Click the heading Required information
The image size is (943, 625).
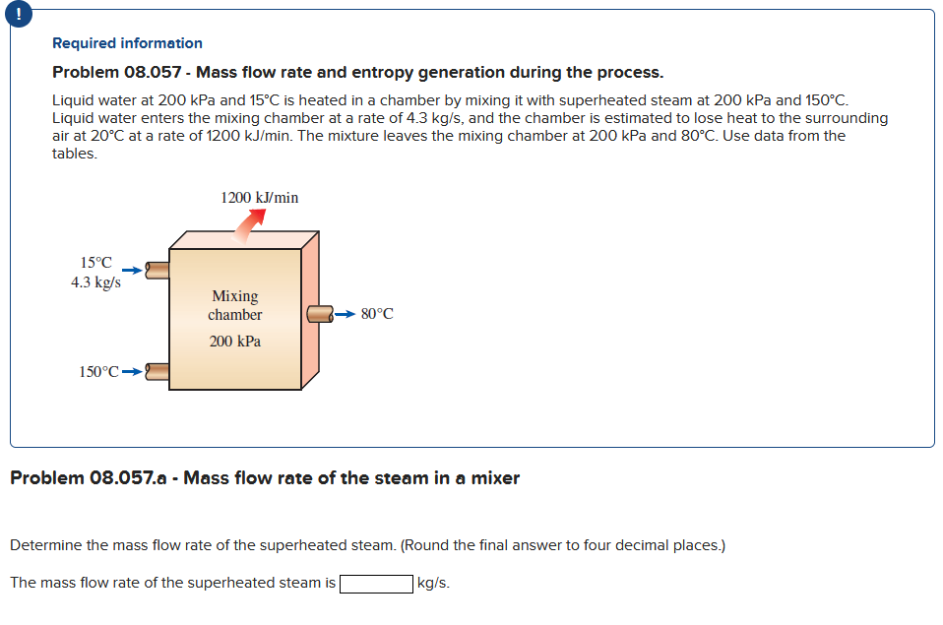pyautogui.click(x=127, y=43)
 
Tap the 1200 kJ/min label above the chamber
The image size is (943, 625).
pyautogui.click(x=260, y=198)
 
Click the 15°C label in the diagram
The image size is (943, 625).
pyautogui.click(x=95, y=263)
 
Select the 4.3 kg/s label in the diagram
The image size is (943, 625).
pyautogui.click(x=96, y=281)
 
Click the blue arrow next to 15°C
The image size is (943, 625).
pyautogui.click(x=131, y=267)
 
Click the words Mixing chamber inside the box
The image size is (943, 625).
pyautogui.click(x=235, y=305)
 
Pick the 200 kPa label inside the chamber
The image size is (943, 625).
pyautogui.click(x=235, y=342)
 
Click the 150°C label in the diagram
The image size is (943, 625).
pyautogui.click(x=98, y=372)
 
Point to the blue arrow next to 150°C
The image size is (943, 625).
pyautogui.click(x=131, y=372)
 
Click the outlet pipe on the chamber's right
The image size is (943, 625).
pyautogui.click(x=320, y=314)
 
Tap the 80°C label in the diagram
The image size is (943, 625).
pyautogui.click(x=377, y=314)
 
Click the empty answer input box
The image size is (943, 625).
pyautogui.click(x=376, y=583)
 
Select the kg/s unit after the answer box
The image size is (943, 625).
pyautogui.click(x=434, y=583)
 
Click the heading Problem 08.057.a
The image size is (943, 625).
pyautogui.click(x=264, y=478)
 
